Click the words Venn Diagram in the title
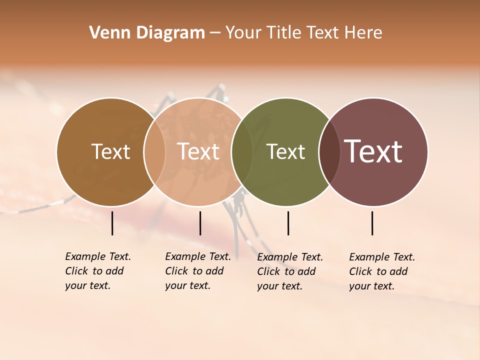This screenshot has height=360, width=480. coord(147,33)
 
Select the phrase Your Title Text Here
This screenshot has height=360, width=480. coord(303,33)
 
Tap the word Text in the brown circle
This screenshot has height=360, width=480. coord(110,151)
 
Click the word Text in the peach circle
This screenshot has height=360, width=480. coord(198,151)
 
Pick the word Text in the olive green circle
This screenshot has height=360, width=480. coord(285,151)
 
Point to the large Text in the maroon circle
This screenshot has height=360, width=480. coord(373,151)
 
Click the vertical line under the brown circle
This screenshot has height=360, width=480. coord(112,223)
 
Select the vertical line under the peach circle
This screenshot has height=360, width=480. coord(200,223)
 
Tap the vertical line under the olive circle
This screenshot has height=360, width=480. coord(288,223)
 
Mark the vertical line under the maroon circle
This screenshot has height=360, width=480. coord(372,223)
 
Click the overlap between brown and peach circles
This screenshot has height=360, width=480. coord(154,151)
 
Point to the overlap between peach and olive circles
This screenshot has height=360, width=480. coord(242,151)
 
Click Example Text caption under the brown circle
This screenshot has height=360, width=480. coord(98,256)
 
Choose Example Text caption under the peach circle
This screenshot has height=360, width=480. coord(198,256)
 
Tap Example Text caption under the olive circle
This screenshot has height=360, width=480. coord(290,257)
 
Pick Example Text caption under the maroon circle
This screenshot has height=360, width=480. coord(382,257)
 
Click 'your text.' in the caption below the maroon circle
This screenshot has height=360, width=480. coord(372,286)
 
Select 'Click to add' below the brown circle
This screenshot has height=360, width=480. coord(94,271)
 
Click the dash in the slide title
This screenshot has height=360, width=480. coord(215,33)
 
